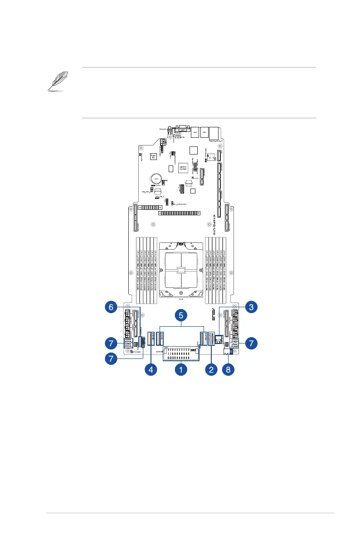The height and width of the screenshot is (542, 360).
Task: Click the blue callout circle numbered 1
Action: click(x=180, y=370)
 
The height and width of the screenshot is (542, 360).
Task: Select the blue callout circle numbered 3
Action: click(x=251, y=307)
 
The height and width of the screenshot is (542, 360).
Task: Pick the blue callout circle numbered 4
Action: click(x=151, y=370)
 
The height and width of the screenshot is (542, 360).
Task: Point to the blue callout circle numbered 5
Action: click(x=180, y=314)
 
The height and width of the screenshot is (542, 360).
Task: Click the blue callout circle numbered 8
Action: click(x=228, y=370)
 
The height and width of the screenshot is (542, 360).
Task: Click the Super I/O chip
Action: click(x=153, y=157)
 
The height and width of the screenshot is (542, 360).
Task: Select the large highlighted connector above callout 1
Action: click(x=180, y=354)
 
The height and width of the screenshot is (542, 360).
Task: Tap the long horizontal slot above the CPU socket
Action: click(x=179, y=213)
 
